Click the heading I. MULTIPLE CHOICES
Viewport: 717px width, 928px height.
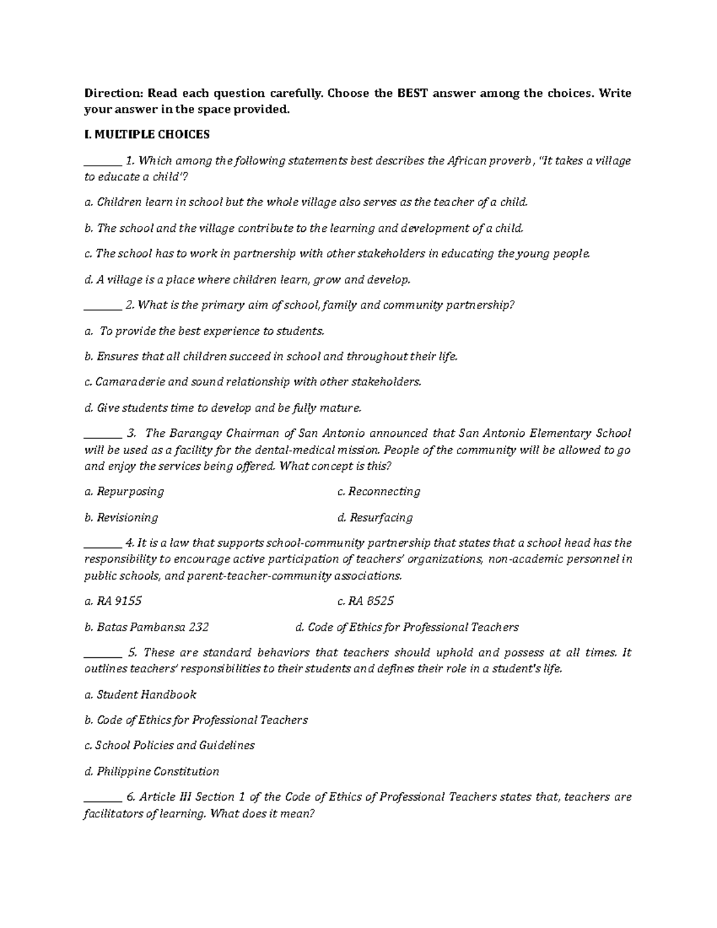pos(146,135)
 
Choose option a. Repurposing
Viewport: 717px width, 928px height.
pos(124,492)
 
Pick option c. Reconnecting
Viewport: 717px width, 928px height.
pos(378,492)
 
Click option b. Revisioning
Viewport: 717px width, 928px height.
pos(121,517)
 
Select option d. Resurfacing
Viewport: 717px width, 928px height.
pos(375,517)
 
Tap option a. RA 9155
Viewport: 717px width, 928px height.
pos(113,601)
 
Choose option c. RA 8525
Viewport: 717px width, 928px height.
pos(365,601)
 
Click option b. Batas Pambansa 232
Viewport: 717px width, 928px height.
pos(146,627)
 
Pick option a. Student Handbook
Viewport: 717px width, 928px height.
pos(140,695)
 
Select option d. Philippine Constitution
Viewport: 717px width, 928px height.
pos(151,771)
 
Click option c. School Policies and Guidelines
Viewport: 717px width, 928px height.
pos(169,746)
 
